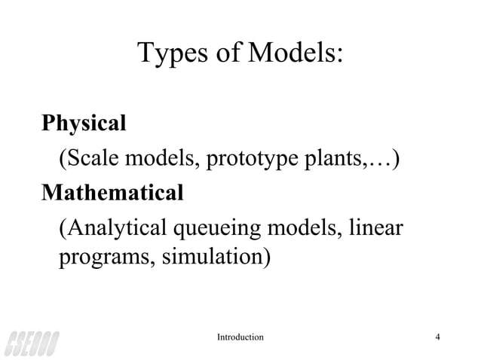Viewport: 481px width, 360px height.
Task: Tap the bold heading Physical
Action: click(84, 123)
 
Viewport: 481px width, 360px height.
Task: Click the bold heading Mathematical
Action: click(112, 192)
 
